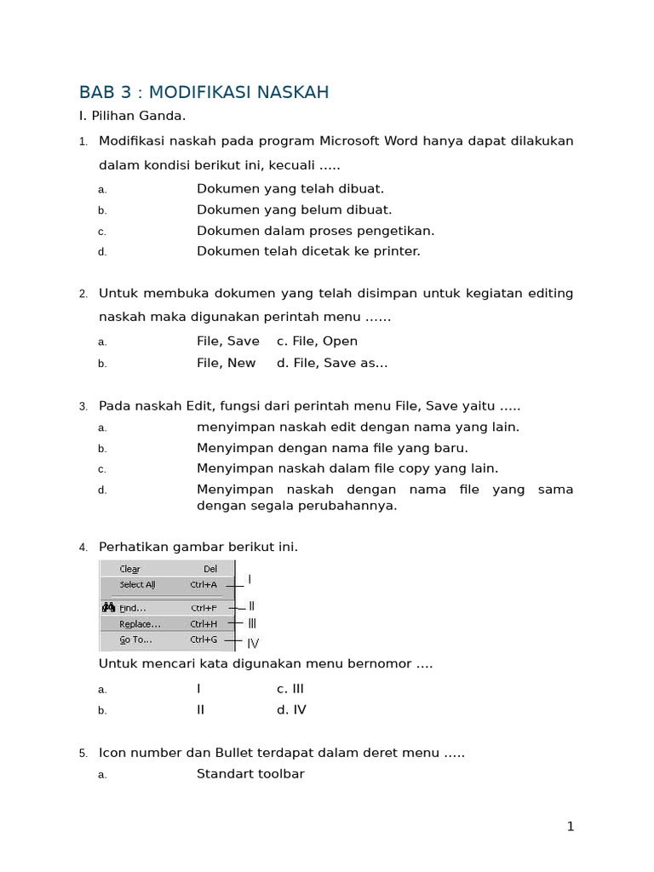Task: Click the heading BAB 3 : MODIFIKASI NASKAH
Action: tap(204, 92)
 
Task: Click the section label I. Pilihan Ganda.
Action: tap(132, 116)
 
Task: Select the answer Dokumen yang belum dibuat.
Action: tap(294, 209)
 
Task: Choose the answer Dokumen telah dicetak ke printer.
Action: tap(308, 251)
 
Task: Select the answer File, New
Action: tap(226, 363)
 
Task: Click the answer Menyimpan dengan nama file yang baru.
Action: tap(332, 448)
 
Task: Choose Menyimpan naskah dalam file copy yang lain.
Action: tap(347, 468)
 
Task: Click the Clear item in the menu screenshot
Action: tap(129, 569)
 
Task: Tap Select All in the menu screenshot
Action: tap(137, 585)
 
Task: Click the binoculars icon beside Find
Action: tap(108, 608)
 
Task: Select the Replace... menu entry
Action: tap(140, 624)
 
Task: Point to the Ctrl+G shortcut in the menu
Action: tap(204, 640)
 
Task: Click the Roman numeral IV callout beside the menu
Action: tap(253, 644)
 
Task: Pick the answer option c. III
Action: tap(290, 689)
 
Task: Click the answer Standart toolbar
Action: tap(250, 774)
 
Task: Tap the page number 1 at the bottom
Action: tap(571, 826)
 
